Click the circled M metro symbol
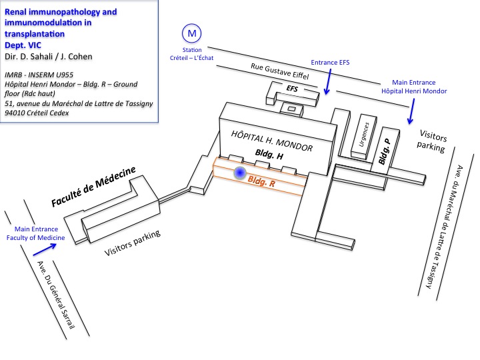pyautogui.click(x=192, y=33)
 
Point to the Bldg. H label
pyautogui.click(x=269, y=155)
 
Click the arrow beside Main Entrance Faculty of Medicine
pyautogui.click(x=44, y=248)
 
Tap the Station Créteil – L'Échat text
pyautogui.click(x=192, y=54)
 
